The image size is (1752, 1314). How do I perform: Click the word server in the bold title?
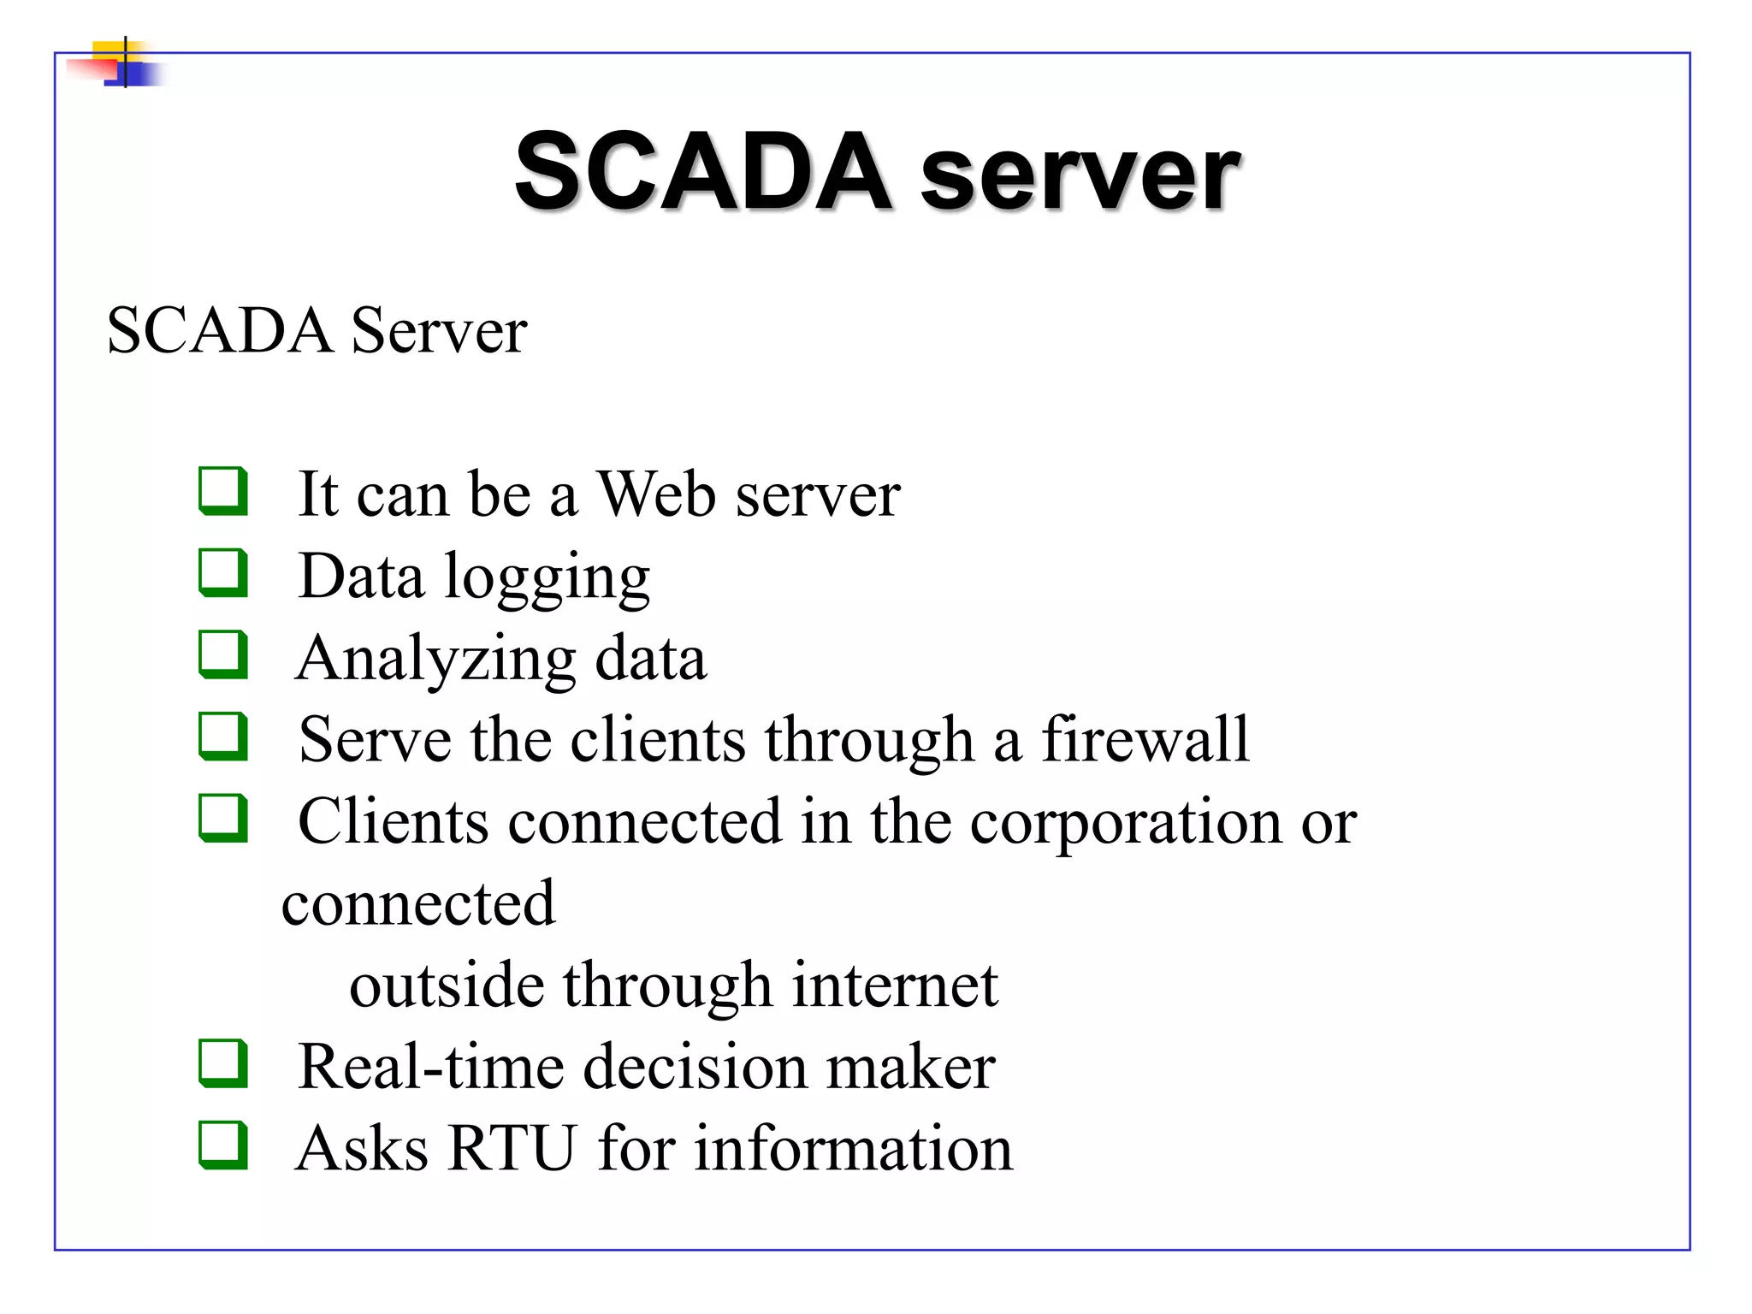tap(1080, 175)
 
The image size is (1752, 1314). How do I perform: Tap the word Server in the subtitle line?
tap(439, 331)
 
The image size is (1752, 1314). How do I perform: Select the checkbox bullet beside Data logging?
tap(223, 572)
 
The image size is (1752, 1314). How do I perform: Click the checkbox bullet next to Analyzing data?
tap(223, 654)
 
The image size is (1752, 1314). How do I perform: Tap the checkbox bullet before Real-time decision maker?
tap(223, 1063)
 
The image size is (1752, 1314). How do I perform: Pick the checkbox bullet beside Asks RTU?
tap(223, 1145)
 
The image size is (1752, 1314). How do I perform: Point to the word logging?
tap(547, 578)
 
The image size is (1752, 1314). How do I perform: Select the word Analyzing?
tap(435, 660)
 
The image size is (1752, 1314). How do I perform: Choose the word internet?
tap(895, 985)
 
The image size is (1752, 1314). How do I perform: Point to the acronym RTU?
tap(512, 1148)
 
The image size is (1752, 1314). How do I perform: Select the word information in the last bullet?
tap(853, 1148)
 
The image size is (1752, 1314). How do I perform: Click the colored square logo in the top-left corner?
tap(125, 63)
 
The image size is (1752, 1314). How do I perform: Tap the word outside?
tap(446, 985)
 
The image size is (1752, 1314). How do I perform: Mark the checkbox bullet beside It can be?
tap(223, 491)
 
